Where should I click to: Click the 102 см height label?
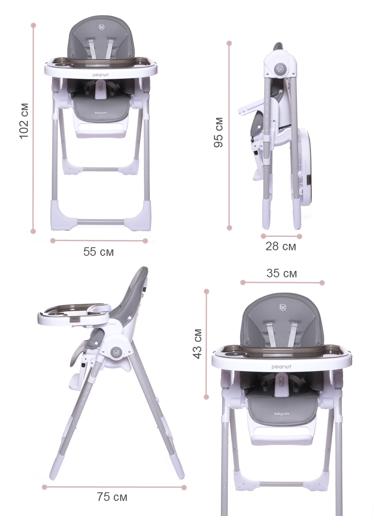[x=24, y=121]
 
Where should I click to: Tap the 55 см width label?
[x=98, y=252]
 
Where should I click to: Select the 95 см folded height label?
[x=218, y=132]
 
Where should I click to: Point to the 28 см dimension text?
[x=281, y=246]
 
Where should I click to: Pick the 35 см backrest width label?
[x=282, y=273]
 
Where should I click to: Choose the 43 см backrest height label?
[x=197, y=344]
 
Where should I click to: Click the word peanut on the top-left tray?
[x=101, y=75]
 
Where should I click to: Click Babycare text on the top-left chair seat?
[x=101, y=113]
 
